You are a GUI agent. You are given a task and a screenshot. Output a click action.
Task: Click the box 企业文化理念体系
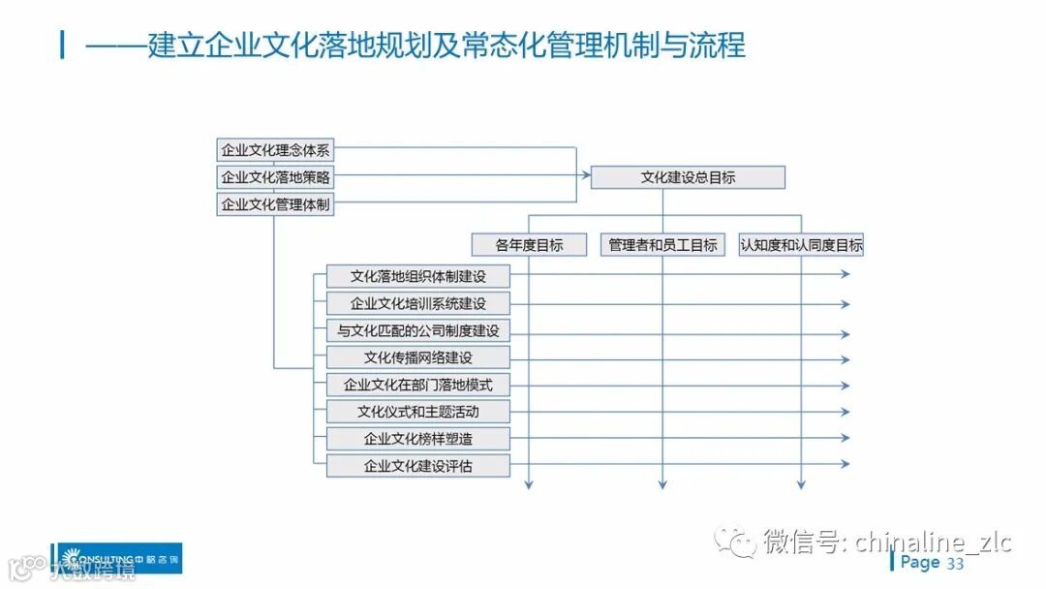coord(275,150)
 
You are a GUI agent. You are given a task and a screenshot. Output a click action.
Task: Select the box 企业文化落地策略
coord(275,177)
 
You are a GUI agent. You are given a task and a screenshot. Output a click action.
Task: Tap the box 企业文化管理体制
coord(275,204)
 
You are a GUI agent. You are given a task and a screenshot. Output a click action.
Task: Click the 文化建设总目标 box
coord(688,177)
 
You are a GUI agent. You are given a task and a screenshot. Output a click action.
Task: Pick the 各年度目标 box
coord(529,245)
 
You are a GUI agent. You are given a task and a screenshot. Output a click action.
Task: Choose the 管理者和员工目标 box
coord(663,245)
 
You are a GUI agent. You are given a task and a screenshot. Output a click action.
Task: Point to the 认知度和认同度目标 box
coord(801,245)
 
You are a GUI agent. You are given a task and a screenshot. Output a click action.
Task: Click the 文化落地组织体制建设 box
coord(417,276)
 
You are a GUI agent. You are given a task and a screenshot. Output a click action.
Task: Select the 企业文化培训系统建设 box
coord(417,303)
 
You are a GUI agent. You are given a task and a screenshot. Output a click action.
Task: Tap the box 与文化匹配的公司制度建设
coord(417,330)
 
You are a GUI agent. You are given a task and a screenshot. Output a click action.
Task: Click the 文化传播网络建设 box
coord(417,357)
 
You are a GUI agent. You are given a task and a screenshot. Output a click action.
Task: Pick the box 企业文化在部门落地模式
coord(417,385)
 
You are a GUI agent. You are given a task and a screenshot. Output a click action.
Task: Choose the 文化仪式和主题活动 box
coord(417,412)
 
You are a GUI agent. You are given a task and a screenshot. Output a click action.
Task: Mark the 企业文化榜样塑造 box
coord(417,439)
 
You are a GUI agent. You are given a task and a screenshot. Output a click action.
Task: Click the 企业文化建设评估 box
coord(417,466)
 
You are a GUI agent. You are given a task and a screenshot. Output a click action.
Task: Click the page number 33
coord(955,564)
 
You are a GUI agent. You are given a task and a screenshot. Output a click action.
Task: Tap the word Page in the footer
coord(920,563)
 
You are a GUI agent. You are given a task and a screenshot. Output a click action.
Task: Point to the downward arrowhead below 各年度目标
coord(529,483)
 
